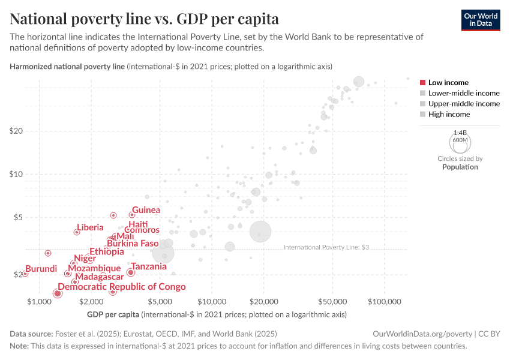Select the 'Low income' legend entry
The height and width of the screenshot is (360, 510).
(x=445, y=83)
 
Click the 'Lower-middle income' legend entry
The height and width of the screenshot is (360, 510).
(x=460, y=93)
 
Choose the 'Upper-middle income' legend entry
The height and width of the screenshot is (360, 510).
(x=460, y=104)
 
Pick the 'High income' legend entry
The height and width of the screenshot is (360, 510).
(x=445, y=114)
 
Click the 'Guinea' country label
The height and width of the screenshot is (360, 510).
(x=146, y=210)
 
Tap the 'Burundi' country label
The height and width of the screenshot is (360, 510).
(x=41, y=269)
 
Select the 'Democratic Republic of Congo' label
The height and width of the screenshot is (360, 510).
(x=122, y=287)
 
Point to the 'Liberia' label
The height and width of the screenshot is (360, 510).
(x=90, y=227)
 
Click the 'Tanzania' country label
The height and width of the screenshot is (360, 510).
(x=149, y=266)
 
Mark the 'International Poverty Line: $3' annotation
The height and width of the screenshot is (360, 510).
(x=326, y=247)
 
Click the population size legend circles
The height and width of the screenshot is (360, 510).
(x=460, y=142)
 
